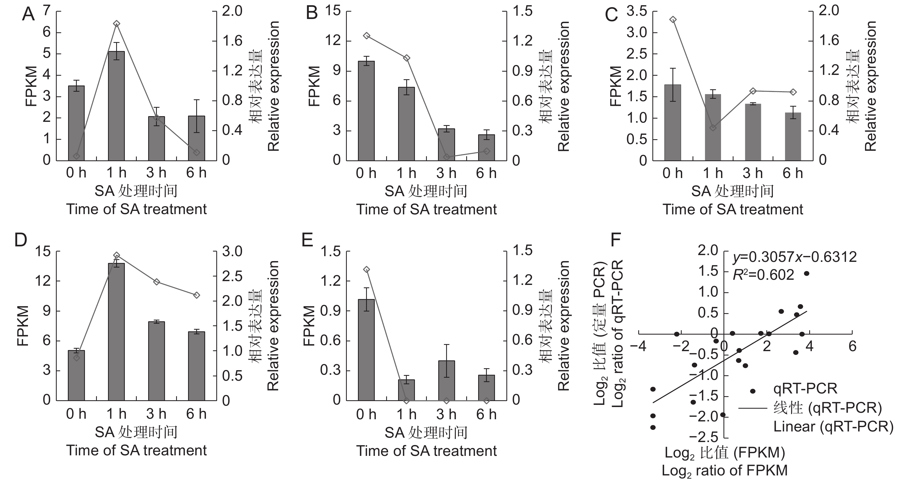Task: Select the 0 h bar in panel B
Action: (366, 111)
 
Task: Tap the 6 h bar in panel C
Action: (793, 136)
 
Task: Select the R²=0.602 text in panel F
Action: (763, 275)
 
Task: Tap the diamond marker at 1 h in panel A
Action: (117, 24)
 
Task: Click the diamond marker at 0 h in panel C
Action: (673, 19)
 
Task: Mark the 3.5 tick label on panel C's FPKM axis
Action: (637, 12)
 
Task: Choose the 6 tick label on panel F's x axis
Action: (852, 347)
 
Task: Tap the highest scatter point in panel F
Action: (807, 274)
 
